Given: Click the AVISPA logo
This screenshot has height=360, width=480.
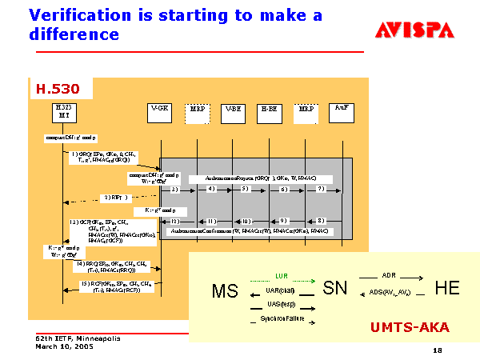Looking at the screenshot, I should [x=414, y=30].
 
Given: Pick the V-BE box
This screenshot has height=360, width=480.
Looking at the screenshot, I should [x=233, y=112].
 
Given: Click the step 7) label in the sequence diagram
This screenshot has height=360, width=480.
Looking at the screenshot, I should [x=319, y=190].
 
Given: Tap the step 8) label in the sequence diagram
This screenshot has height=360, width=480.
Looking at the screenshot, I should [x=320, y=220].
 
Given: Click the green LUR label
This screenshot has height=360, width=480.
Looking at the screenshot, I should [x=282, y=276].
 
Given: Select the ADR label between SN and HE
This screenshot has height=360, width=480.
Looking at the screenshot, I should [x=389, y=275].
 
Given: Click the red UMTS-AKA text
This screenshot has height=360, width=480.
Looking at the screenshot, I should [x=410, y=327].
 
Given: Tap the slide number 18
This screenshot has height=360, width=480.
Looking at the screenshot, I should [x=437, y=350].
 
